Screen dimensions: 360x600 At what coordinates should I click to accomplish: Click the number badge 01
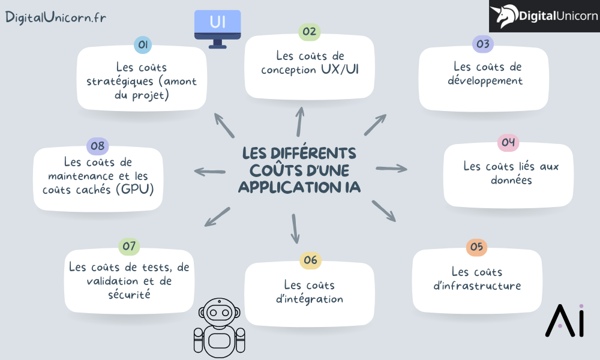click(x=143, y=44)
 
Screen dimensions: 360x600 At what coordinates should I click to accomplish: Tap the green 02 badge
click(x=310, y=32)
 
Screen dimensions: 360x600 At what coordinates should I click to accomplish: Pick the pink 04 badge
click(x=508, y=142)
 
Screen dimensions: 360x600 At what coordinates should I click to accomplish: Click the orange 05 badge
click(x=476, y=247)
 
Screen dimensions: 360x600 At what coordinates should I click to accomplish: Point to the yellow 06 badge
click(x=310, y=260)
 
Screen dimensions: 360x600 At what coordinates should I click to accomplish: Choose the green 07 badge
click(x=130, y=246)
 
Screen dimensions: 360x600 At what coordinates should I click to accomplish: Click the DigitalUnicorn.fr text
click(x=56, y=17)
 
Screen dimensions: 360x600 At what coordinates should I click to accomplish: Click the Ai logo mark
click(x=564, y=320)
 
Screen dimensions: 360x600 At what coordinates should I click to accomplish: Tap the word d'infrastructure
click(x=476, y=286)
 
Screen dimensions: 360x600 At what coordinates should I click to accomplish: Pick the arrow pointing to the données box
click(x=391, y=169)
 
